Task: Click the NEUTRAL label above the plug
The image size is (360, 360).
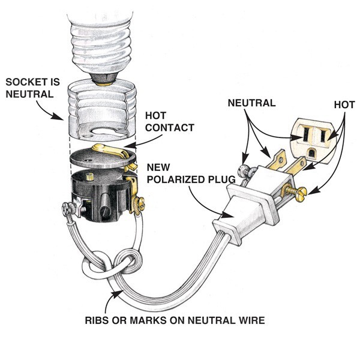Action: (x=251, y=103)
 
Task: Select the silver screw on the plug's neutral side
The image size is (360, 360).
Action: (x=244, y=170)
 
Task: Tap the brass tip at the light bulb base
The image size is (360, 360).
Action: (x=103, y=75)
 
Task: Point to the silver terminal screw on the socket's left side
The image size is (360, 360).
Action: (x=68, y=209)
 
